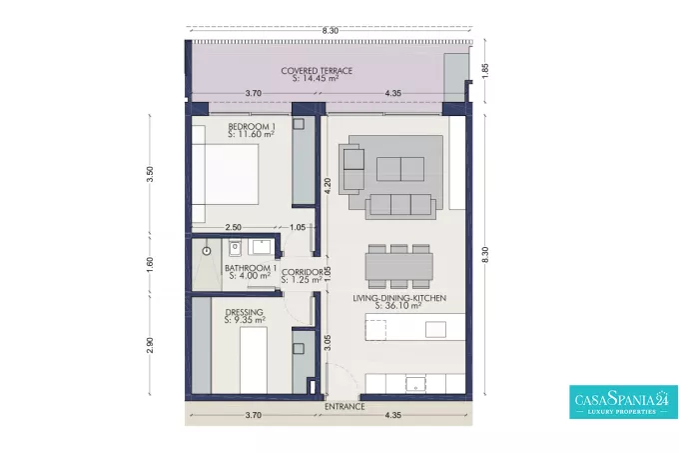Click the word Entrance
(344, 407)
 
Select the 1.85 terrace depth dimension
(485, 71)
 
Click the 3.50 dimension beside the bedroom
(150, 174)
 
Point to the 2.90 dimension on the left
(150, 345)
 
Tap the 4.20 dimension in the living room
(328, 186)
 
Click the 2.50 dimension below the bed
(234, 227)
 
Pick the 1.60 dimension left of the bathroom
(150, 264)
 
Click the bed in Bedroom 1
(226, 174)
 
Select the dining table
(398, 267)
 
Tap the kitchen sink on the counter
(415, 384)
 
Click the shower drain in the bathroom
(207, 251)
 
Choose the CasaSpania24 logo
(623, 402)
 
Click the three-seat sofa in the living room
(400, 206)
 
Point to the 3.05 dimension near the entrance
(328, 342)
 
